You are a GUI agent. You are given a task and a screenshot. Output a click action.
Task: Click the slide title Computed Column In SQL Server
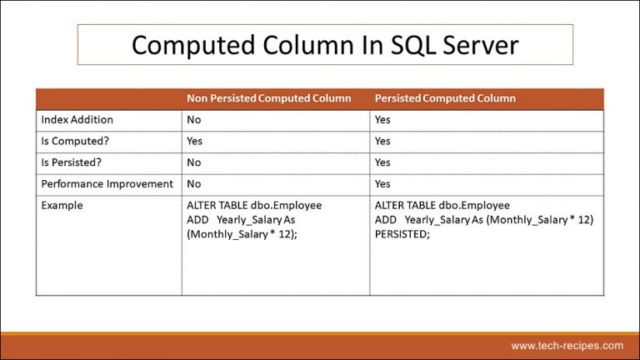point(325,44)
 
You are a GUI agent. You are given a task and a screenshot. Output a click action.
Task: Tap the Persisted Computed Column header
point(445,98)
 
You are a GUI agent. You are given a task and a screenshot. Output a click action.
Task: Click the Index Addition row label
point(77,120)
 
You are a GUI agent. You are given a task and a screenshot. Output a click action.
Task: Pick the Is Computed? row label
point(75,141)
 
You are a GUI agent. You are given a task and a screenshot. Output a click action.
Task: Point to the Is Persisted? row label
point(74,162)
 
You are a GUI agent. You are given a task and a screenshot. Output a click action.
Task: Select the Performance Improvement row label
point(107,183)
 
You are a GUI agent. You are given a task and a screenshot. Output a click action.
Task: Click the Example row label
point(62,205)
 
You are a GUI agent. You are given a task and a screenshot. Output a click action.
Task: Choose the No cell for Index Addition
point(194,120)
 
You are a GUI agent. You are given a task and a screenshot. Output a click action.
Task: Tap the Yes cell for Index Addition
point(382,120)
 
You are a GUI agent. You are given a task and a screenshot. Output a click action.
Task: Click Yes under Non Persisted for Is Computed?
point(195,141)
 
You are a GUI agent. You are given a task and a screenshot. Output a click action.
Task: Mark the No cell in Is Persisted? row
point(194,162)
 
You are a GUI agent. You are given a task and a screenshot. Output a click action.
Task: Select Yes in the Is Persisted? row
point(382,162)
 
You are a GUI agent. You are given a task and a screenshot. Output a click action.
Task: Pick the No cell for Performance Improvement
point(194,183)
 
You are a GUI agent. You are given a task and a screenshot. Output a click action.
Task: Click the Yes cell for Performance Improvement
point(382,183)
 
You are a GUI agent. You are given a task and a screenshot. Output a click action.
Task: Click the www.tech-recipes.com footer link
point(566,345)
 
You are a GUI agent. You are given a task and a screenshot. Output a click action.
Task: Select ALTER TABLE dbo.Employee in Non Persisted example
point(254,205)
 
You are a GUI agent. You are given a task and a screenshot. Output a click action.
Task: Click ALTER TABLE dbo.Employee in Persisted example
point(442,205)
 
